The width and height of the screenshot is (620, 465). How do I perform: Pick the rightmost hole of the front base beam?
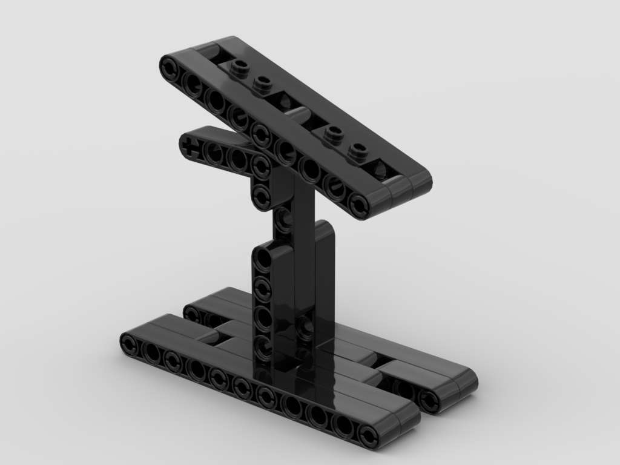(x=368, y=435)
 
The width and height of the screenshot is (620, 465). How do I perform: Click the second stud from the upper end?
(x=262, y=82)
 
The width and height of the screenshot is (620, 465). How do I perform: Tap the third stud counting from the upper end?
(x=330, y=133)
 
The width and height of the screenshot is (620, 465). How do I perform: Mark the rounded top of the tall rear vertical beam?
(x=325, y=229)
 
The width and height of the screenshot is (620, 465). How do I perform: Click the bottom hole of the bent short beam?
(x=262, y=196)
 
